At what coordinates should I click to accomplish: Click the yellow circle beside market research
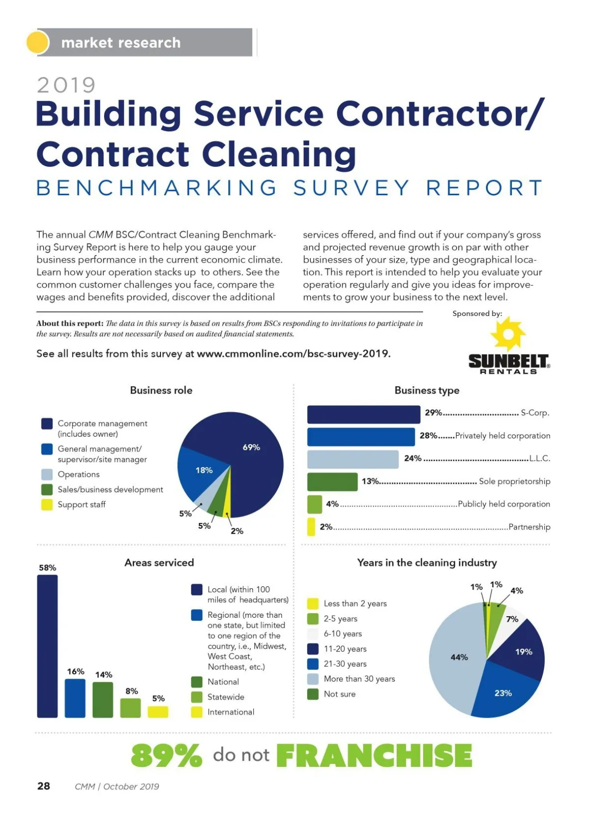tap(37, 42)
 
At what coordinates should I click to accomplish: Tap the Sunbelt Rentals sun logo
tap(508, 334)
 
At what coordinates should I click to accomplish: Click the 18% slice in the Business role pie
tap(199, 473)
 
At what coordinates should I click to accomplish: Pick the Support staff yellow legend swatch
tap(47, 504)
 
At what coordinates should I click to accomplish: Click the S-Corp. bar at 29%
tap(363, 414)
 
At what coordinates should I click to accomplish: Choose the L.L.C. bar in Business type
tap(352, 459)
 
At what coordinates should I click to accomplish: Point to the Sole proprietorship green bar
tap(332, 482)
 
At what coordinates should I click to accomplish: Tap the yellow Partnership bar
tap(311, 527)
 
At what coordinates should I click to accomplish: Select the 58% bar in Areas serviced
tap(47, 646)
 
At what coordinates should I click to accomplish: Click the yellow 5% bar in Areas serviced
tap(158, 711)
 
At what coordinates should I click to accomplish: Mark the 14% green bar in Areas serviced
tap(103, 700)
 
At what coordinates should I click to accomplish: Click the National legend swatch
tap(196, 682)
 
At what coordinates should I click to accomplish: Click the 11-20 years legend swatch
tap(313, 649)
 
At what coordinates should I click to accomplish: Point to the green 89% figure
tap(166, 755)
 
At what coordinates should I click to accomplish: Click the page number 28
tap(44, 786)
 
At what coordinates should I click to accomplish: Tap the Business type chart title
tap(427, 391)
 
